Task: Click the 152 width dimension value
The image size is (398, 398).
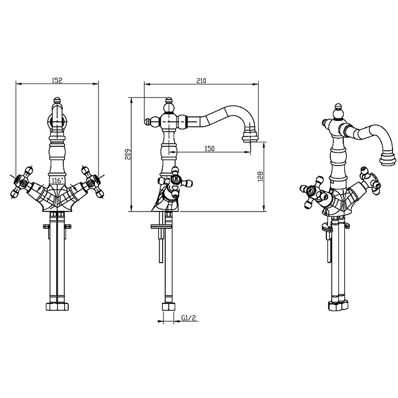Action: [x=57, y=81]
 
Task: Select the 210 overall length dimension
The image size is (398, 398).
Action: [x=201, y=81]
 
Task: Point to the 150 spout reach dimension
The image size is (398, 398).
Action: [x=209, y=148]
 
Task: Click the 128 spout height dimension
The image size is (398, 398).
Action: [x=260, y=177]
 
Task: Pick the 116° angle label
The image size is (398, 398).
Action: [x=57, y=181]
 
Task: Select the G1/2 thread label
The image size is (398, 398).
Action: [x=189, y=318]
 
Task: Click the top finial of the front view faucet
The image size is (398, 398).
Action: [x=57, y=100]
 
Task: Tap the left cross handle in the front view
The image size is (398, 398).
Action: [x=21, y=182]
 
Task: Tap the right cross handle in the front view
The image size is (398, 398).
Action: [x=93, y=182]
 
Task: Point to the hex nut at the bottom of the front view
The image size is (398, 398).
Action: [x=57, y=306]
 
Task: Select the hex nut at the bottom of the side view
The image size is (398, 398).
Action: [x=169, y=306]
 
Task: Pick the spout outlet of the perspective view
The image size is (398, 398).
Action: [x=388, y=159]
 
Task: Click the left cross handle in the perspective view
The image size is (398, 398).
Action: [x=313, y=193]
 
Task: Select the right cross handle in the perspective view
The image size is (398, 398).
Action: [x=370, y=181]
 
